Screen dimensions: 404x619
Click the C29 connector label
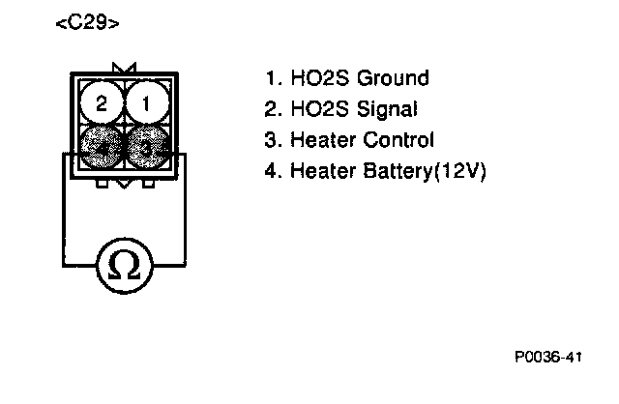pos(88,23)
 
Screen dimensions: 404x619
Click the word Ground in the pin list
pos(393,78)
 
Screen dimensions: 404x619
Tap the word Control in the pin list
pos(398,140)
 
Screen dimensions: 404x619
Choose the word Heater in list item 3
pos(323,140)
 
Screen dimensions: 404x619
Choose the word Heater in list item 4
pos(323,171)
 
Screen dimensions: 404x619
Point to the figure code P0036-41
pos(548,359)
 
